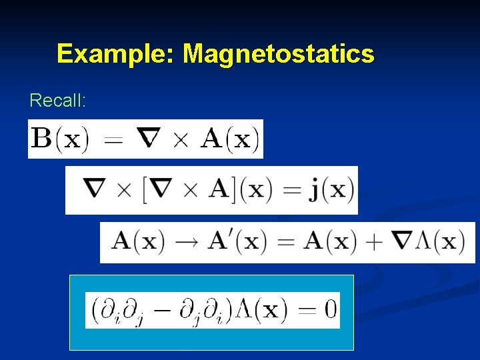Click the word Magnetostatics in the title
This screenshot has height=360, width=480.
278,53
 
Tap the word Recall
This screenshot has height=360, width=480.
57,101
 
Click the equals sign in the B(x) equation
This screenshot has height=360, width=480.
115,141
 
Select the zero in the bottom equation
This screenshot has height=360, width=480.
329,310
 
